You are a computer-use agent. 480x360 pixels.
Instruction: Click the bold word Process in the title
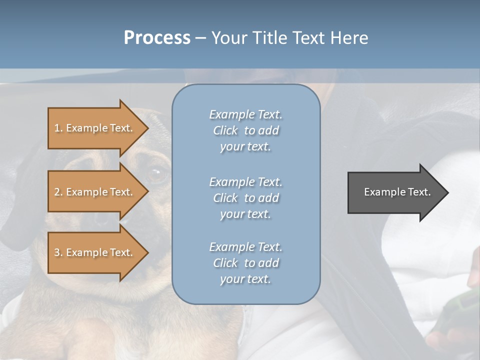157,38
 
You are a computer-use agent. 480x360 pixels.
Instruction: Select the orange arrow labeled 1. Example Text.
95,128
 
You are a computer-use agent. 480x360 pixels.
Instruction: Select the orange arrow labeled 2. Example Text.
95,192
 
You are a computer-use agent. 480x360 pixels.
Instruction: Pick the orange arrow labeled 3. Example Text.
95,252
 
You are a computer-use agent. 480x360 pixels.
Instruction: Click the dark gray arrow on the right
395,192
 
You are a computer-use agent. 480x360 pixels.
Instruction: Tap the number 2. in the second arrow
58,192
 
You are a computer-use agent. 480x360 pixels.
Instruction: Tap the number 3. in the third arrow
58,252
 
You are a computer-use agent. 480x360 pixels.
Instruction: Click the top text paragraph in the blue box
245,130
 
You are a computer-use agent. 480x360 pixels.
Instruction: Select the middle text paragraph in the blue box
245,198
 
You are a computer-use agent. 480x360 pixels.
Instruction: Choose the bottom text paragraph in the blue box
245,263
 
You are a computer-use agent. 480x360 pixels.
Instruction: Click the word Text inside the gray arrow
419,192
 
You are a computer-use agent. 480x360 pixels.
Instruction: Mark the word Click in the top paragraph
225,130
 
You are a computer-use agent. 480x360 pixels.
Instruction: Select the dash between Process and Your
201,38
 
